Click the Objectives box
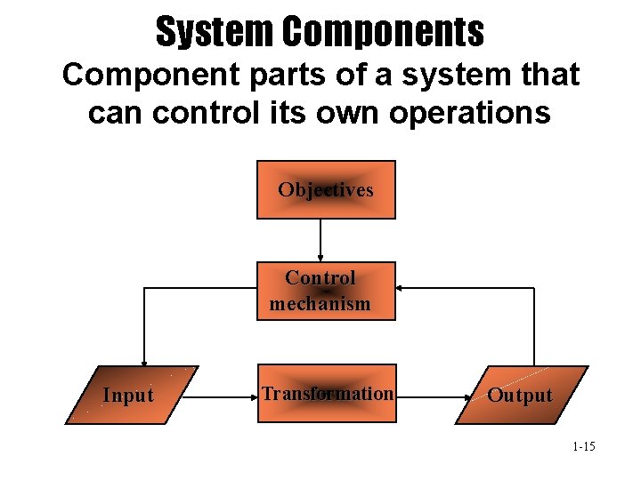coord(326,189)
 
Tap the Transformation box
coord(326,393)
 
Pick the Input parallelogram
coord(131,395)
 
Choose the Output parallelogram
coord(522,395)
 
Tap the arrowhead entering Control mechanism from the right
coord(401,288)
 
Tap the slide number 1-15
coord(584,445)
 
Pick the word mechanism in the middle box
coord(320,303)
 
